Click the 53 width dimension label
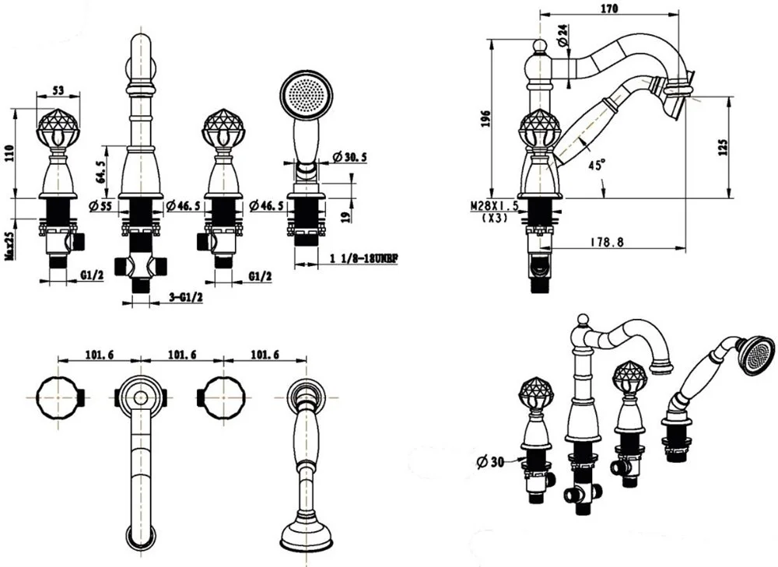58,90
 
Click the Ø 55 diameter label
100,205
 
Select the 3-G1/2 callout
187,297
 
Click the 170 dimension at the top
609,9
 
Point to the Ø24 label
562,36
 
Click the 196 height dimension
485,118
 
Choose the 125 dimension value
723,147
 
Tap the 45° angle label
597,165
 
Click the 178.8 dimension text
607,242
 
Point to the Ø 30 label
490,462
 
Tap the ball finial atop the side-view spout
540,47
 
